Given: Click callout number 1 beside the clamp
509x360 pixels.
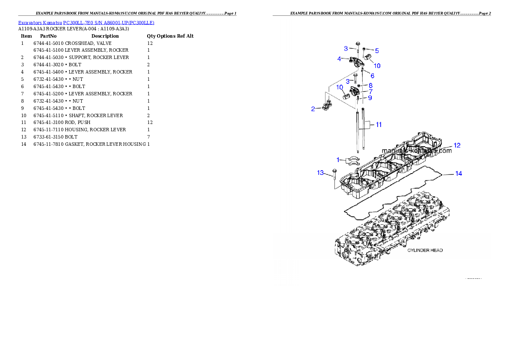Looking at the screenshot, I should [338, 159].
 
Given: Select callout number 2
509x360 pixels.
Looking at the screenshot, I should [313, 109].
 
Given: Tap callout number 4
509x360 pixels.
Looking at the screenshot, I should [340, 59].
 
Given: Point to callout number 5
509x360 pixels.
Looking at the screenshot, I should [377, 50].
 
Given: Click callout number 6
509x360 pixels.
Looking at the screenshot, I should [373, 76].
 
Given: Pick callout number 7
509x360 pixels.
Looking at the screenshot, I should [370, 91].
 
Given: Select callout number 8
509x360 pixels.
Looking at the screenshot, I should [370, 86].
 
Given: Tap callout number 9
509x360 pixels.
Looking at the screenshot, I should [370, 98].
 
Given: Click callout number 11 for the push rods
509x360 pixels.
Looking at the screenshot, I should [379, 125].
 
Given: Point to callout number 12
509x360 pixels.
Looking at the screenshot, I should [457, 145].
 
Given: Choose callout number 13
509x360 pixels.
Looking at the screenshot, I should [320, 173].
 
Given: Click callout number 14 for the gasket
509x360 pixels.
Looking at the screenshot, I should [458, 174].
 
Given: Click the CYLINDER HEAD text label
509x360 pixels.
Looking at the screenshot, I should [425, 250].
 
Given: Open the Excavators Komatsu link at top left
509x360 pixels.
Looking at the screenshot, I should [86, 23].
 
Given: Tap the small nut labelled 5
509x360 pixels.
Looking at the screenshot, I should [364, 49].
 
